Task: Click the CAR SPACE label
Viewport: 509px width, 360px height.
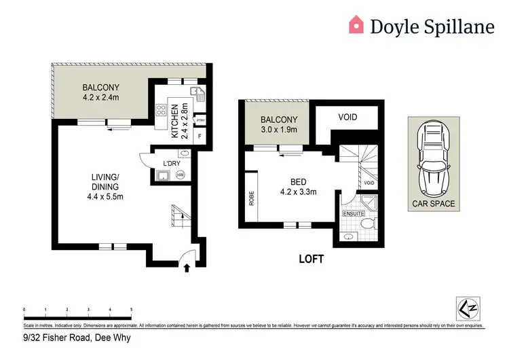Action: (x=434, y=203)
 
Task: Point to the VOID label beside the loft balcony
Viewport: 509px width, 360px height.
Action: (x=347, y=118)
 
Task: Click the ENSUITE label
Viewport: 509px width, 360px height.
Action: (x=352, y=213)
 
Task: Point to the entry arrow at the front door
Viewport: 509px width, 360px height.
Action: (x=187, y=269)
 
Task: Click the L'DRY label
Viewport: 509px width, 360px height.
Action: (x=172, y=163)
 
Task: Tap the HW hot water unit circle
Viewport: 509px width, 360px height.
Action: (x=180, y=175)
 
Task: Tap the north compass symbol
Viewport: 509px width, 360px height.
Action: (x=466, y=307)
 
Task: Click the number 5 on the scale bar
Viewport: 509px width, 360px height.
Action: (x=131, y=309)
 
